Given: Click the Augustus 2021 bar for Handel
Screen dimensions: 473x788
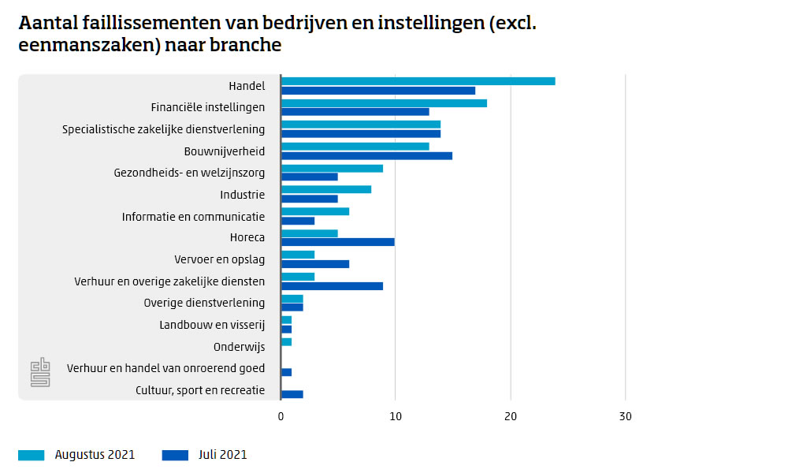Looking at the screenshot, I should [x=418, y=81].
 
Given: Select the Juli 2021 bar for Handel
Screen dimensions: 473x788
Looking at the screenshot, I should [x=378, y=91].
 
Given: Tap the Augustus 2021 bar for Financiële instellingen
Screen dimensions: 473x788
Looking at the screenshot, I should [x=384, y=103].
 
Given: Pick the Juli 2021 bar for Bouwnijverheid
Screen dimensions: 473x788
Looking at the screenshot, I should [x=366, y=155].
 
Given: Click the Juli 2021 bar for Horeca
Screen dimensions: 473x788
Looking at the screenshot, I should [x=337, y=242].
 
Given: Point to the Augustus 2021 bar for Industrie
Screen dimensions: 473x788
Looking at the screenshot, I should [x=326, y=189].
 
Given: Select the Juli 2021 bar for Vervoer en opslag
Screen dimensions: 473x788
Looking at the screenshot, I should [x=315, y=264].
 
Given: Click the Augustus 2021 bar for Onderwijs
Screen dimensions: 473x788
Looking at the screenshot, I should [x=287, y=341].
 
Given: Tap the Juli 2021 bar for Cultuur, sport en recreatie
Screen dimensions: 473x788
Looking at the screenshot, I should [x=292, y=394].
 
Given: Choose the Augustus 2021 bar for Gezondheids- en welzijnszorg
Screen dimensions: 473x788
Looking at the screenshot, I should [x=332, y=168].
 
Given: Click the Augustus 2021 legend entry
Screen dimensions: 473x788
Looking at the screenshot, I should [x=76, y=455].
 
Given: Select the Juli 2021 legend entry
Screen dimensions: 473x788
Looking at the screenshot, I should [x=204, y=455].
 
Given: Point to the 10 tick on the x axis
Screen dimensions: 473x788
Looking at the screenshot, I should [x=396, y=416].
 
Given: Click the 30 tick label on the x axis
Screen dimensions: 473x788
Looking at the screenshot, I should [x=625, y=416].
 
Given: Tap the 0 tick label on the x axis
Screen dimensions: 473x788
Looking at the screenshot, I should [x=281, y=416].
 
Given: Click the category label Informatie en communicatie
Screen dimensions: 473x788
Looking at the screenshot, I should [x=193, y=217].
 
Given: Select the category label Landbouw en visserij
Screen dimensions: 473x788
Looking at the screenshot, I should [x=212, y=325].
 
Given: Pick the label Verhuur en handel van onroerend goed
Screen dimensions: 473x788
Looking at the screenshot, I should [x=165, y=368].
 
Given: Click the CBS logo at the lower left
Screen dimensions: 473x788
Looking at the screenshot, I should [x=39, y=372].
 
